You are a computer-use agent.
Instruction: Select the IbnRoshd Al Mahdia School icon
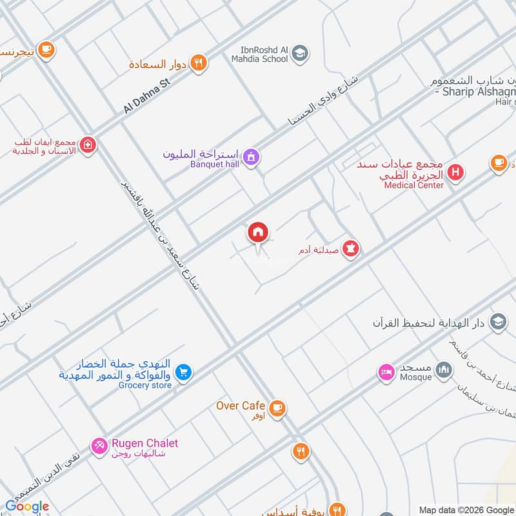click(299, 54)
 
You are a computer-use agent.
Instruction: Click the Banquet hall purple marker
click(251, 156)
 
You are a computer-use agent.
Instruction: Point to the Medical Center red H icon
click(455, 173)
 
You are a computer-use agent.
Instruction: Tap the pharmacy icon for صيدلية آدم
click(350, 248)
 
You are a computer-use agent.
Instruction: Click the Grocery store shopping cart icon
click(184, 373)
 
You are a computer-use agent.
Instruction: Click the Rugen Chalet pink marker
click(99, 446)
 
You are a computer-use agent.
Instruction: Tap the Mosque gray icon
click(443, 370)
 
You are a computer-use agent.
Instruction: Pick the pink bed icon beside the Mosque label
click(386, 372)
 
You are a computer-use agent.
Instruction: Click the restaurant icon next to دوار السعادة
click(199, 63)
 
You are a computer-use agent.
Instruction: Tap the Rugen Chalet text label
click(145, 443)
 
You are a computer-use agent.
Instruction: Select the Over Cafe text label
click(241, 406)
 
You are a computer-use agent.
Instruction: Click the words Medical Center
click(413, 185)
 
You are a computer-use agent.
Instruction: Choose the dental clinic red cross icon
click(88, 146)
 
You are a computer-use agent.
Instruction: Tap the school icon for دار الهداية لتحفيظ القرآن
click(497, 321)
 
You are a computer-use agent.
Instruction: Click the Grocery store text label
click(145, 385)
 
